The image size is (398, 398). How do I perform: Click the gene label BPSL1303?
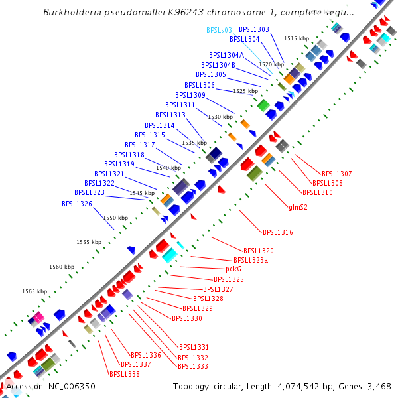254,30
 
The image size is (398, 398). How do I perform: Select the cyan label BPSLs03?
219,30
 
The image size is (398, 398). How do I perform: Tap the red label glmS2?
298,207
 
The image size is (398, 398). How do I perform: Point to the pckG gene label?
233,269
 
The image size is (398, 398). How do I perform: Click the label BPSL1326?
77,204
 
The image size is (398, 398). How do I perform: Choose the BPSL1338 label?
124,374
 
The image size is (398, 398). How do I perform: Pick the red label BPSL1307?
336,174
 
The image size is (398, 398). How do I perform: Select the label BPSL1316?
278,232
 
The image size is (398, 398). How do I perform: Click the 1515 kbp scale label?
297,39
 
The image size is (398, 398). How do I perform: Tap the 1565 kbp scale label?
34,291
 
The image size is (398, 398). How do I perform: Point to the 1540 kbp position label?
168,168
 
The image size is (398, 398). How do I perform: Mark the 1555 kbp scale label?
89,242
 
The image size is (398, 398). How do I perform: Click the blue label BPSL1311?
180,105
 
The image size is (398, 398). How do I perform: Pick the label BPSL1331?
194,347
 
